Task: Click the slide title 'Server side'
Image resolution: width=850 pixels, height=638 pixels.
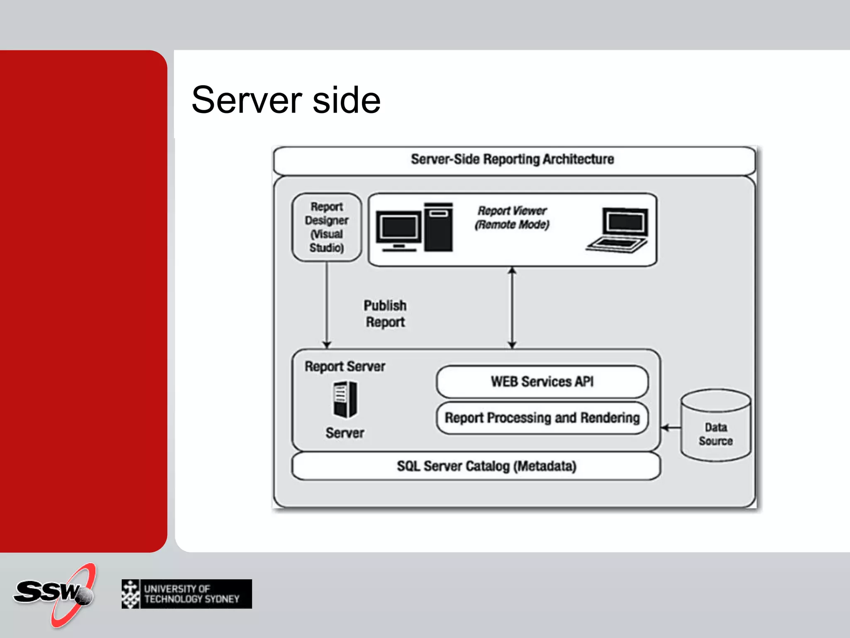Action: pyautogui.click(x=286, y=100)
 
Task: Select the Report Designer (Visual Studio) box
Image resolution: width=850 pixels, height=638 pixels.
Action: pyautogui.click(x=327, y=227)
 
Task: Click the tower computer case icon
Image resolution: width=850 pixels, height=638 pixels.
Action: pyautogui.click(x=438, y=227)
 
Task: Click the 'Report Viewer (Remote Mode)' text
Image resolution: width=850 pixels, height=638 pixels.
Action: pyautogui.click(x=512, y=218)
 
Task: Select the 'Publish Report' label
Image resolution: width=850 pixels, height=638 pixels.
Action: pyautogui.click(x=385, y=314)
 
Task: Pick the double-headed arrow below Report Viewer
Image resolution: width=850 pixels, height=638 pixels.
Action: pyautogui.click(x=512, y=308)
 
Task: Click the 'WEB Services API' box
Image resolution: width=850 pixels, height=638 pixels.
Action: pyautogui.click(x=542, y=381)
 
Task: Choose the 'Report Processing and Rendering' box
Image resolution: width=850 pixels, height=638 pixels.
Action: pyautogui.click(x=542, y=418)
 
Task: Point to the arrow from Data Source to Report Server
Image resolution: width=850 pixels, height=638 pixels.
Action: pyautogui.click(x=671, y=427)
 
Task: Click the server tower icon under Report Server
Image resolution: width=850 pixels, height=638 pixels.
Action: pyautogui.click(x=345, y=400)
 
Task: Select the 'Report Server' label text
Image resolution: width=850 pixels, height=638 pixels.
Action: pyautogui.click(x=345, y=366)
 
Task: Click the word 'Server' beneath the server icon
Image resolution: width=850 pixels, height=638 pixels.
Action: pyautogui.click(x=345, y=433)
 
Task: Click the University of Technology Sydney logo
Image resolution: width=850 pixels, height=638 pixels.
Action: pyautogui.click(x=187, y=594)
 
